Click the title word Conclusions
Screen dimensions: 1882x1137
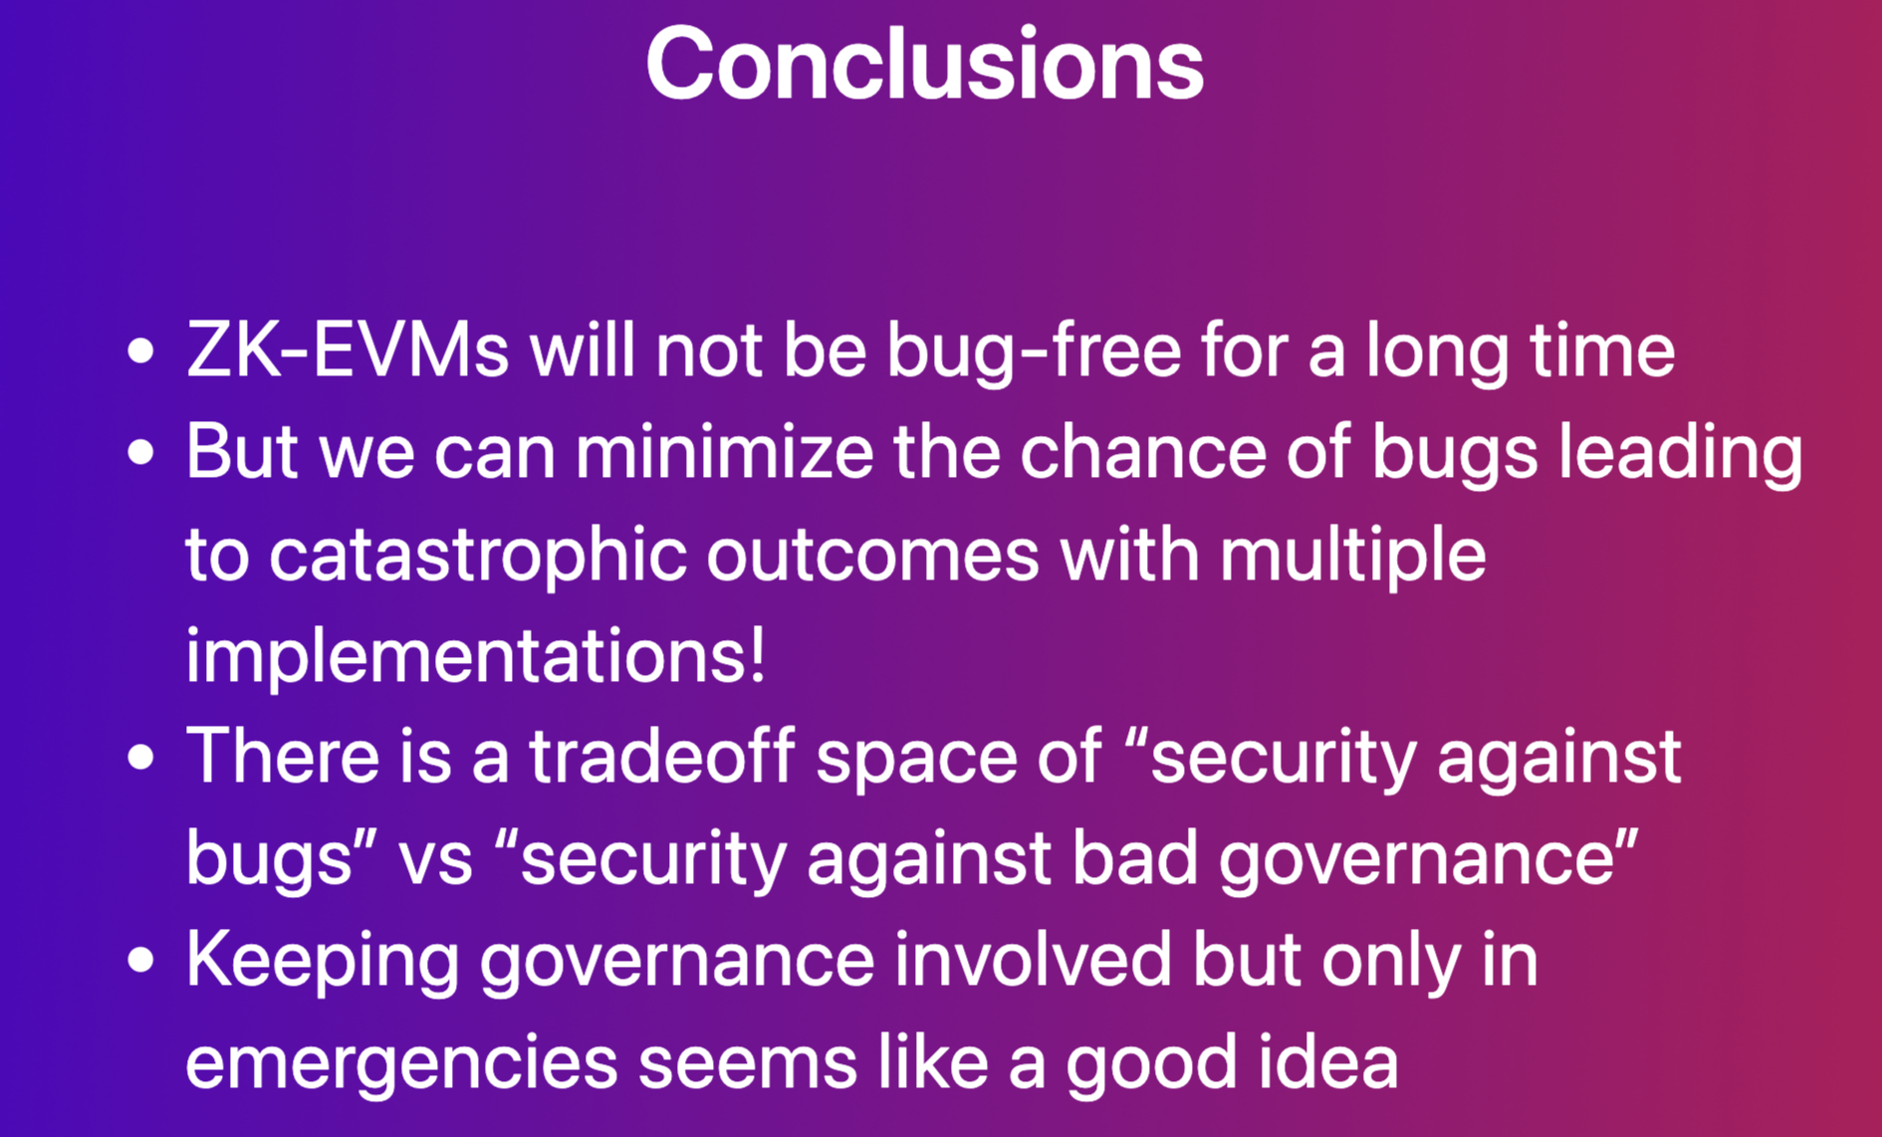tap(925, 64)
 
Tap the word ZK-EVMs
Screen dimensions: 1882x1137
tap(348, 350)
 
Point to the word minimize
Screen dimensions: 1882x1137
tap(724, 452)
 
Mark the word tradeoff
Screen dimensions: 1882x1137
tap(662, 757)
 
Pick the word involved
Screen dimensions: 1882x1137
tap(1033, 960)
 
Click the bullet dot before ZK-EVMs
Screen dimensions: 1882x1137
tap(141, 351)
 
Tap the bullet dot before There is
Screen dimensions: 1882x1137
tap(141, 757)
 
